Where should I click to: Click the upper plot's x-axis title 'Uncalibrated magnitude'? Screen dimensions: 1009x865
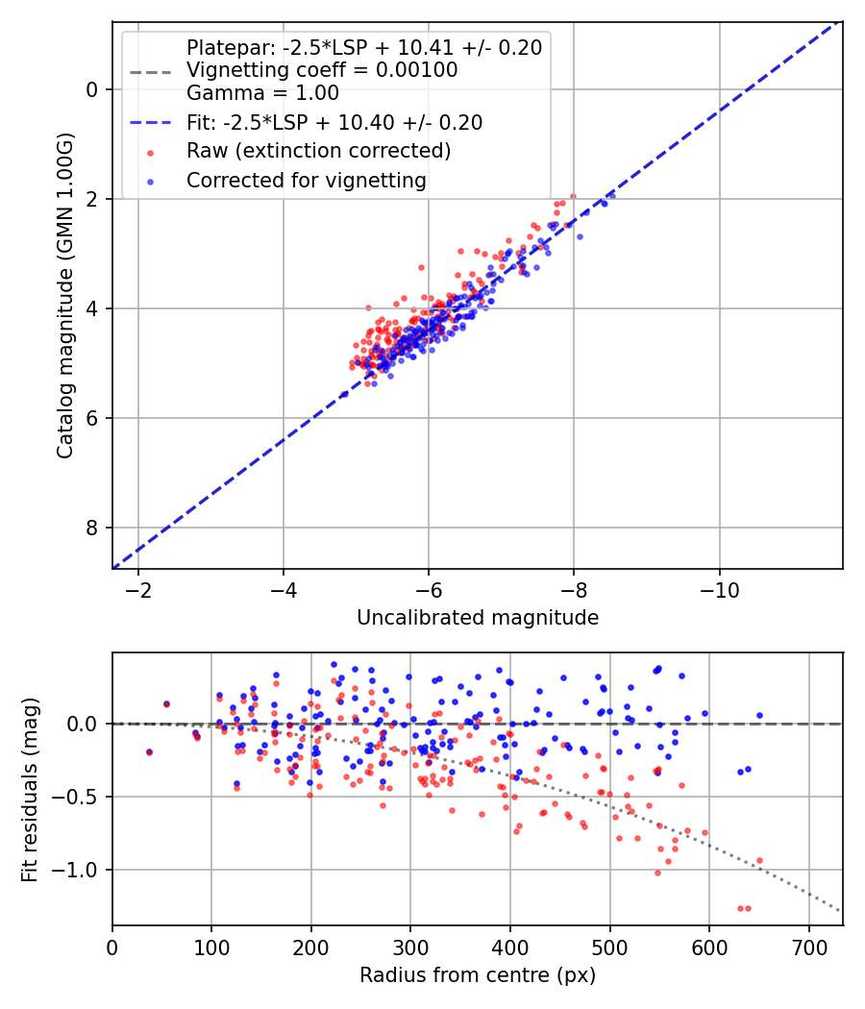(478, 618)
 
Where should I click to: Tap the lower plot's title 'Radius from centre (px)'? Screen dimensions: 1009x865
(478, 975)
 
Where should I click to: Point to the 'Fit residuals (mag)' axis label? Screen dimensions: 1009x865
(29, 789)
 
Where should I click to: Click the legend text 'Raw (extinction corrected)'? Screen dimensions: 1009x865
(319, 151)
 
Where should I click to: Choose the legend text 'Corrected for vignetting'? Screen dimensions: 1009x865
(307, 180)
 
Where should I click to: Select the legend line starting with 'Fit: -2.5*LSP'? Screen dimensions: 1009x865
(334, 123)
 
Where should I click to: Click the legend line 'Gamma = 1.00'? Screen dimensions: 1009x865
(262, 93)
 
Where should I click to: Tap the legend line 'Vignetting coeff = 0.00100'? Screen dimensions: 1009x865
(322, 70)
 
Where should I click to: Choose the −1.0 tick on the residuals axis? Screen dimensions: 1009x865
(79, 870)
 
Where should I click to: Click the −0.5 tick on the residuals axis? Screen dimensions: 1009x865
(79, 797)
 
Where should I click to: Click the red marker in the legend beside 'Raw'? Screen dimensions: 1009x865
(149, 152)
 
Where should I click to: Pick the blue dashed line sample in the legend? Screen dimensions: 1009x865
(149, 123)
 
